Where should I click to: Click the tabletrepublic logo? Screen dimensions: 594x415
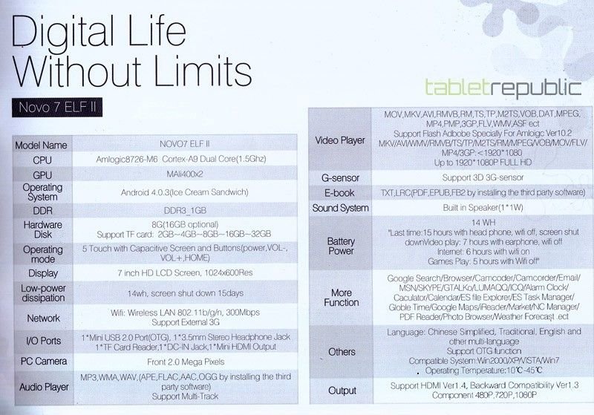pos(503,88)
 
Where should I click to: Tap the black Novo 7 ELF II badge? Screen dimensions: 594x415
pos(57,108)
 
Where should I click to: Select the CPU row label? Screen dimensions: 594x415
pos(42,160)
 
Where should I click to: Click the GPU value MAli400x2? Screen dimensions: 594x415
pos(185,174)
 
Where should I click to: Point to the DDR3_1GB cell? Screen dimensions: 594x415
pos(185,211)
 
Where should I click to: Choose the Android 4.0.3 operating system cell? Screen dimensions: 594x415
pos(184,192)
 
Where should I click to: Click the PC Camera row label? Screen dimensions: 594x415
pos(44,362)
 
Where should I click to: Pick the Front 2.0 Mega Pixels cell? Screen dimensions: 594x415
pos(186,362)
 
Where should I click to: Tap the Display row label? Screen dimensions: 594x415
pos(43,273)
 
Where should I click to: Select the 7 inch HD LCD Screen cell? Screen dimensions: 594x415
pos(185,272)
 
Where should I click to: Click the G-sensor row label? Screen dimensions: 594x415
pos(340,177)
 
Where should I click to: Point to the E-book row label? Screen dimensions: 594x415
pos(339,193)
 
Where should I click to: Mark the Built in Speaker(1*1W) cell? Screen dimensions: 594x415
pos(483,208)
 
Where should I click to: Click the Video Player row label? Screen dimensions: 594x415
pos(340,140)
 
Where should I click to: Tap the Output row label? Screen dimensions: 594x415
pos(342,391)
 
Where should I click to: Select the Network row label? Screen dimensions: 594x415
pos(43,318)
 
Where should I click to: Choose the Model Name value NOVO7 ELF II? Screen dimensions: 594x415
pos(184,144)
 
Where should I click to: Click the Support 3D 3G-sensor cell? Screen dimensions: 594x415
pos(483,177)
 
